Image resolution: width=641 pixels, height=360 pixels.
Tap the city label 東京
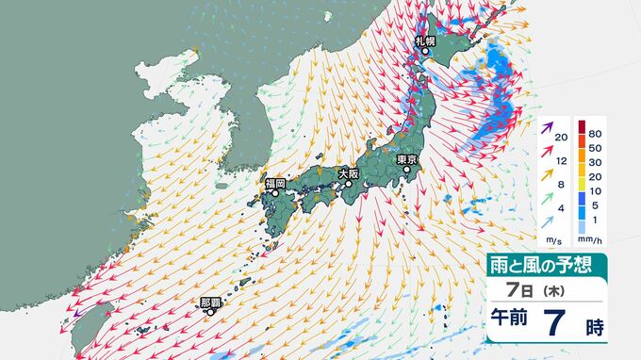pyautogui.click(x=407, y=159)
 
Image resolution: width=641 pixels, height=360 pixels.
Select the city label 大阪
pyautogui.click(x=349, y=173)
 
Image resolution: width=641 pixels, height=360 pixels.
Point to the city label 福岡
pyautogui.click(x=274, y=184)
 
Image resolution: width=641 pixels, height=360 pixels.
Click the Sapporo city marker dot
pyautogui.click(x=424, y=52)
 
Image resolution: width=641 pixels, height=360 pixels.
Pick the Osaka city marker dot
pyautogui.click(x=348, y=185)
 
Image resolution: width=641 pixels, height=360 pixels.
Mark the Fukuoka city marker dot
pyautogui.click(x=275, y=194)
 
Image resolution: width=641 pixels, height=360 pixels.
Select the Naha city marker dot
pyautogui.click(x=211, y=313)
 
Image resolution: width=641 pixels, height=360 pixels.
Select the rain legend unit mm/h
pyautogui.click(x=591, y=234)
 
